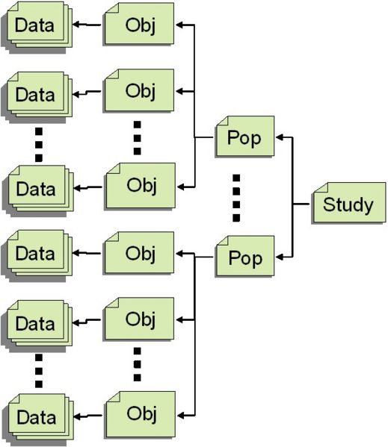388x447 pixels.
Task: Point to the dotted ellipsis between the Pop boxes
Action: coord(236,197)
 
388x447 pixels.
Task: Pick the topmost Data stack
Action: coord(37,25)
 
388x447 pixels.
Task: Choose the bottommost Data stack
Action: coord(37,417)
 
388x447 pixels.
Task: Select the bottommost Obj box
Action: coord(140,412)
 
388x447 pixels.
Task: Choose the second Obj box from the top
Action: coord(140,91)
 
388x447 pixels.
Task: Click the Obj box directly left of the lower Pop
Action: coord(140,254)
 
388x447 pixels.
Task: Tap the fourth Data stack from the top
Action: coord(37,254)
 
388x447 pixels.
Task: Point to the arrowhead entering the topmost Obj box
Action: coord(180,25)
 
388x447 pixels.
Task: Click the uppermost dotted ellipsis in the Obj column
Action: coord(138,137)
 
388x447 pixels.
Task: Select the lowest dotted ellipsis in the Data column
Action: coord(39,370)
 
